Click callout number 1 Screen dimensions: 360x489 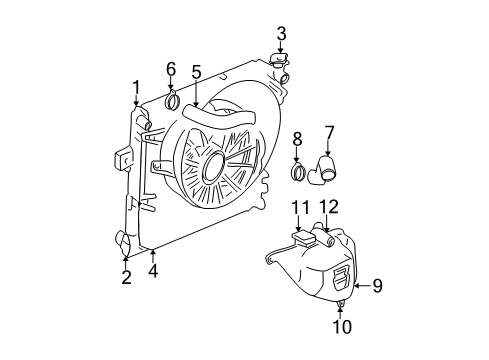click(136, 87)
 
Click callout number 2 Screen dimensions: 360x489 click(126, 277)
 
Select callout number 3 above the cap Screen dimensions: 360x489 click(281, 34)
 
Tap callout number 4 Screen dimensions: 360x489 click(152, 270)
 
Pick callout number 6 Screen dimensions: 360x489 click(171, 69)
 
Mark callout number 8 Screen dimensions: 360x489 click(297, 137)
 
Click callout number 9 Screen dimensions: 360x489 click(377, 286)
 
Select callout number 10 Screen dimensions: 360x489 click(341, 325)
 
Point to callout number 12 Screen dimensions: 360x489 click(329, 207)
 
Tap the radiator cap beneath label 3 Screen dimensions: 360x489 click(279, 63)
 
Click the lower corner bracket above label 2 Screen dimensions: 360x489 click(123, 241)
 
